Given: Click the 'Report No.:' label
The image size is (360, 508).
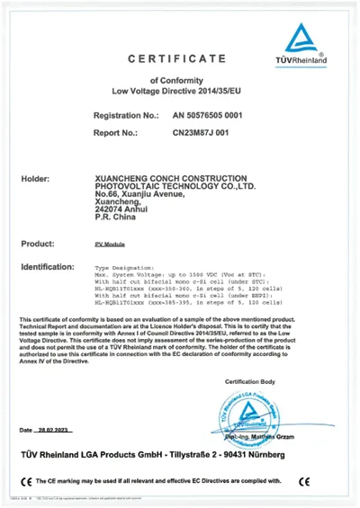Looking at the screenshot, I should pos(118,132).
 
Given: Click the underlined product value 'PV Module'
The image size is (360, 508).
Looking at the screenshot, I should pos(111,245).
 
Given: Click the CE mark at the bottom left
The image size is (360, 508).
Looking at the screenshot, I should pos(24,481).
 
